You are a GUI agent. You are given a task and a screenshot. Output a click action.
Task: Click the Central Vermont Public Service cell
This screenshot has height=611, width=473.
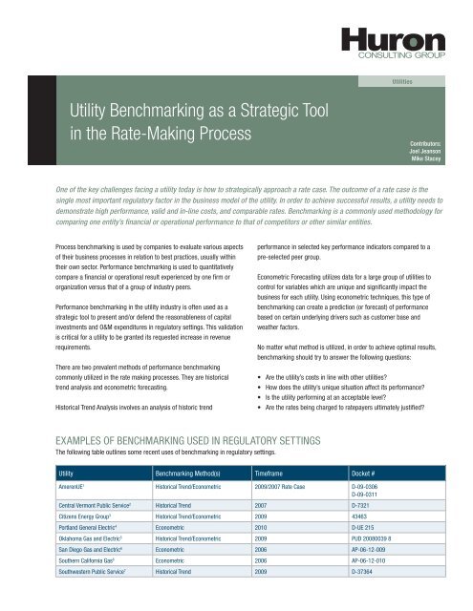(x=104, y=502)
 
